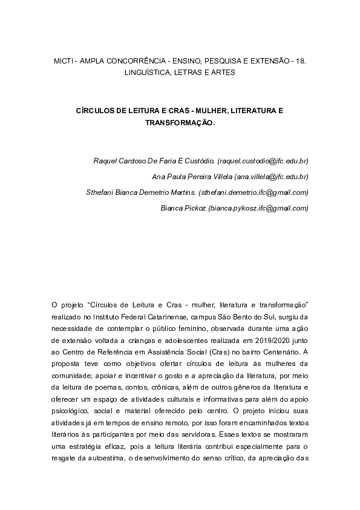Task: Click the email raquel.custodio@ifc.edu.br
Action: [x=263, y=162]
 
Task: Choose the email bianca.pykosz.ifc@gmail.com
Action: [x=258, y=208]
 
